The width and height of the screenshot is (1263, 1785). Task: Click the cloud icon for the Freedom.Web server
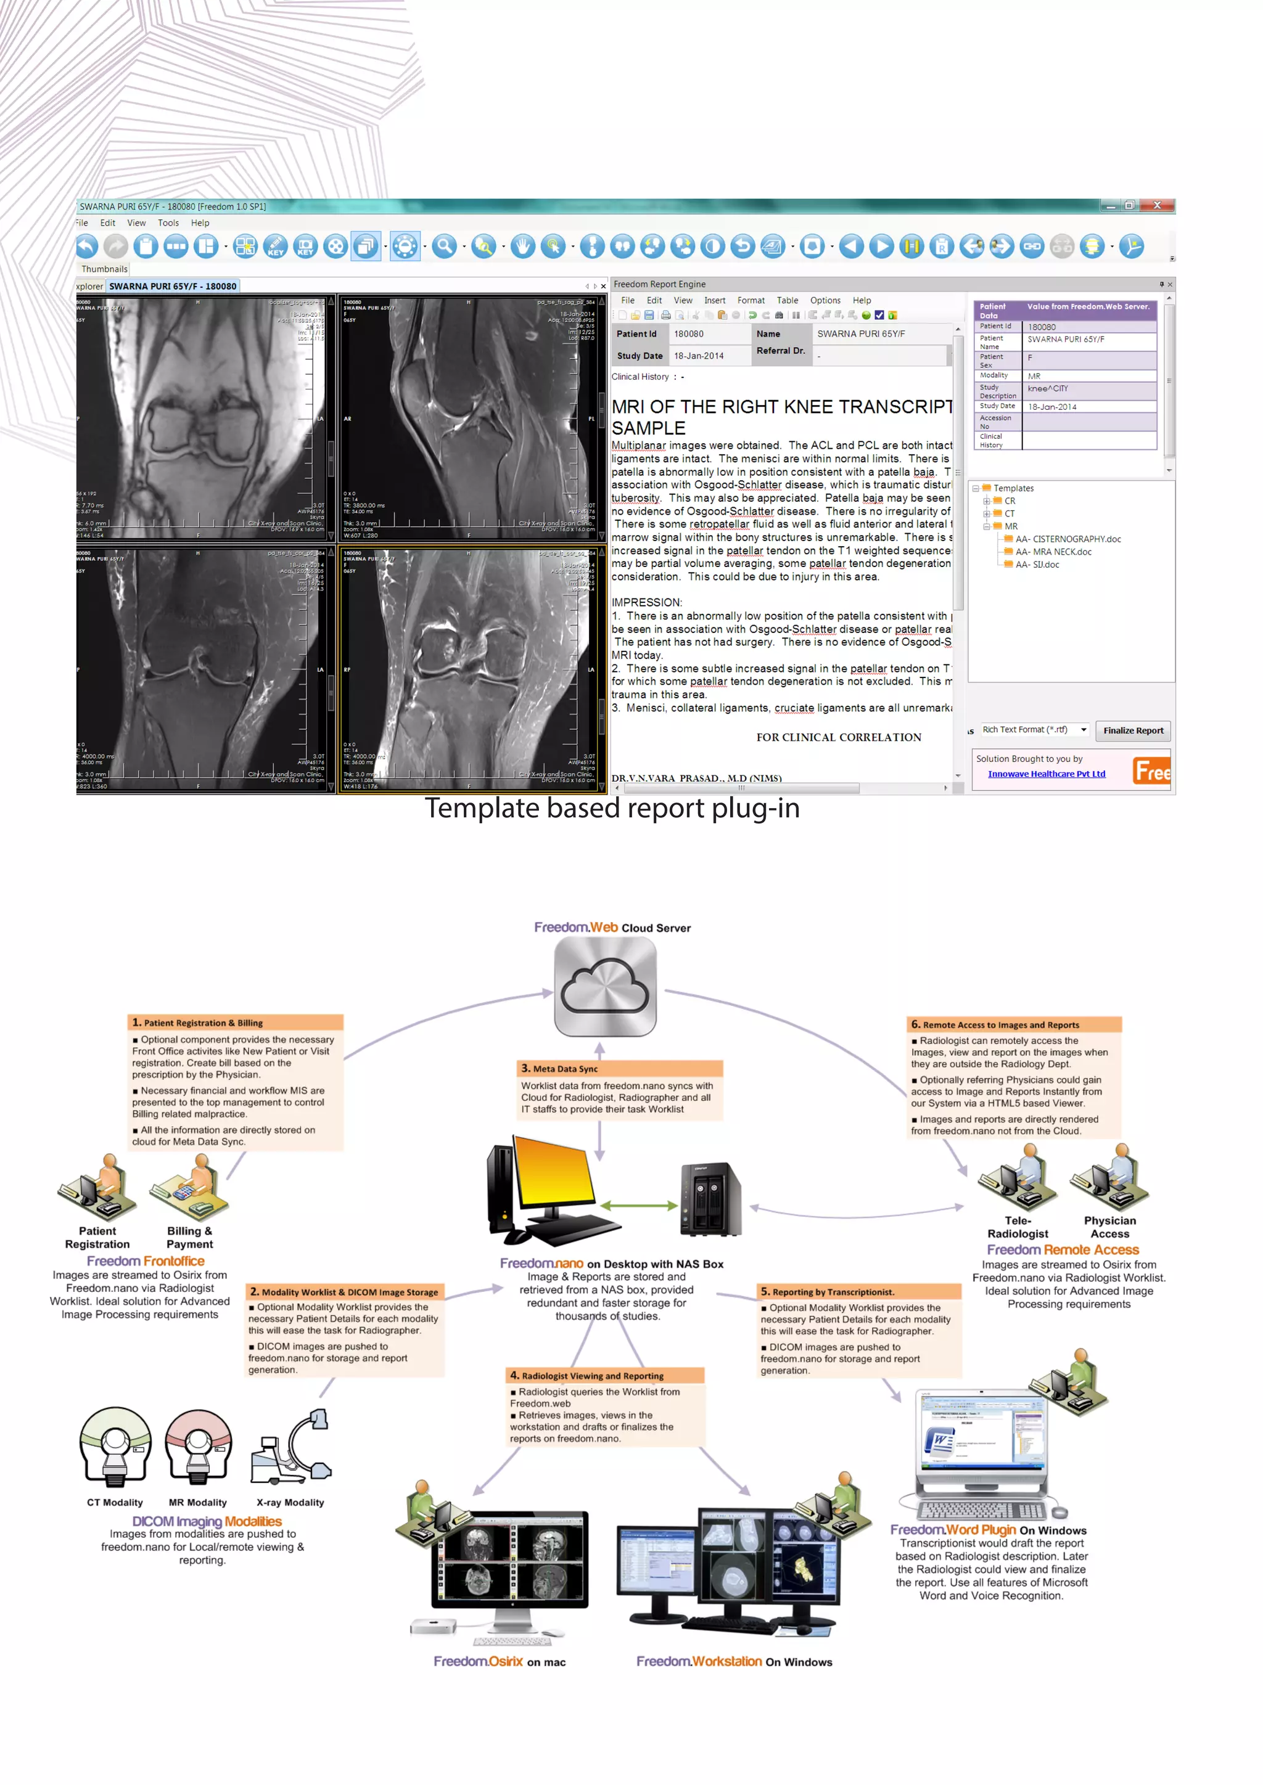click(x=605, y=986)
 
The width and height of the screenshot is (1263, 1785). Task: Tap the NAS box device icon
click(x=710, y=1198)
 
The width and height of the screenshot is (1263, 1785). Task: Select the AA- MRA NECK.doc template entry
click(x=1052, y=552)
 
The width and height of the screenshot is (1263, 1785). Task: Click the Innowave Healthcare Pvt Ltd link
click(x=1045, y=774)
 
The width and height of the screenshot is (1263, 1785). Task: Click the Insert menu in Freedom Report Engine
click(x=714, y=300)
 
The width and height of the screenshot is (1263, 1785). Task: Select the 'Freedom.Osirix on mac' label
click(x=500, y=1661)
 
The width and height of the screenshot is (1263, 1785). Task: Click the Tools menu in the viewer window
click(x=168, y=223)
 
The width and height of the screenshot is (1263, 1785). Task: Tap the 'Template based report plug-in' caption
click(x=612, y=809)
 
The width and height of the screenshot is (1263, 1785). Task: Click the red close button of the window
click(x=1156, y=205)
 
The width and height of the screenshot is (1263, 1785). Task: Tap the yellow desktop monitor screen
click(x=557, y=1170)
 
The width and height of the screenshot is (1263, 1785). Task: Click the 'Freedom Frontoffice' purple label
click(x=146, y=1260)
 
